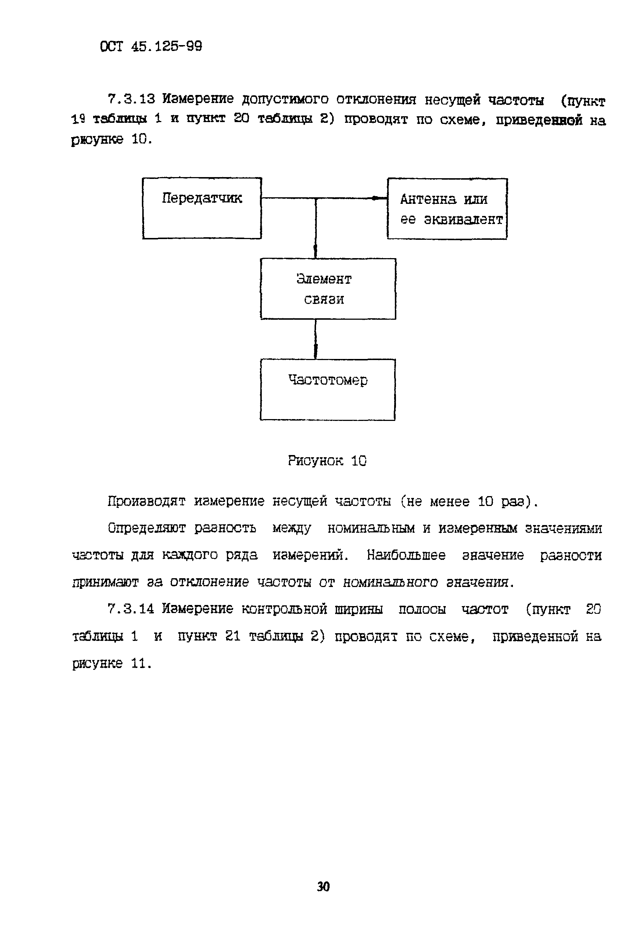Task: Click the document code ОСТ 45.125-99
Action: pos(151,47)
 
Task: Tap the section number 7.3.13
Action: pos(131,98)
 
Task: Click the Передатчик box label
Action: pos(202,198)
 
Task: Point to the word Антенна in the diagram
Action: pos(428,199)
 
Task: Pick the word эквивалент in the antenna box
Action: pos(463,219)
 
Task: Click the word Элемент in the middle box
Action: pos(324,279)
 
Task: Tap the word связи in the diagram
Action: pos(324,299)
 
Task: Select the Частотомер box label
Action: pos(327,380)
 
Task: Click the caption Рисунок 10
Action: pos(327,461)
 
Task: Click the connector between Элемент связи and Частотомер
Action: pos(316,339)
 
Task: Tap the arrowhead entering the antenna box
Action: pos(375,198)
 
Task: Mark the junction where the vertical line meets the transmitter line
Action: pos(316,198)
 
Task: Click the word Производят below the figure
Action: pos(147,501)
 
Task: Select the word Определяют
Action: pos(147,528)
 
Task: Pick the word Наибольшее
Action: pos(406,555)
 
